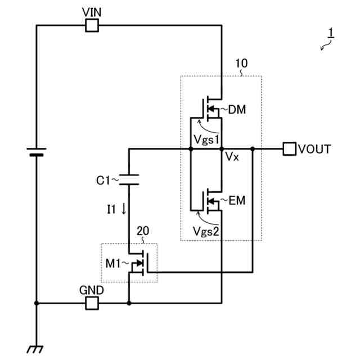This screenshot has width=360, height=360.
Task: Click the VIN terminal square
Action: tap(92, 25)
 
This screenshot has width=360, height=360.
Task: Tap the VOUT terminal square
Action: tap(289, 149)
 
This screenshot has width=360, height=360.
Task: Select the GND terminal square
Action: tap(92, 303)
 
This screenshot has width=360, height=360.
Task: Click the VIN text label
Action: tap(91, 12)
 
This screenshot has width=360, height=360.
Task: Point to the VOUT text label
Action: tap(314, 149)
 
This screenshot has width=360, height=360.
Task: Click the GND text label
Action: tap(91, 291)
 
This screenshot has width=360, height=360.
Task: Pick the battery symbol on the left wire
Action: tap(37, 151)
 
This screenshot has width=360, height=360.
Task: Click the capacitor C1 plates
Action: tap(129, 179)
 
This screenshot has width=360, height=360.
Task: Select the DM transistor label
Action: tap(237, 109)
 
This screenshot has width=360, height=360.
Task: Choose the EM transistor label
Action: tap(237, 199)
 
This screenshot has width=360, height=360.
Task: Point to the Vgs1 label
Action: tap(206, 138)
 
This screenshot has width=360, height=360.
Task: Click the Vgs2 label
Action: tap(206, 230)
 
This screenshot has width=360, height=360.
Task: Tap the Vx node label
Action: tap(232, 157)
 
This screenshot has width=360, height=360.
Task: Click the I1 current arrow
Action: tap(124, 209)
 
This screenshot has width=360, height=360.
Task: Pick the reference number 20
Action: tap(143, 231)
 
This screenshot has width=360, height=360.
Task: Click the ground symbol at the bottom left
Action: tap(37, 349)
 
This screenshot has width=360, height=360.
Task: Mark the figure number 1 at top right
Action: tap(331, 34)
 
